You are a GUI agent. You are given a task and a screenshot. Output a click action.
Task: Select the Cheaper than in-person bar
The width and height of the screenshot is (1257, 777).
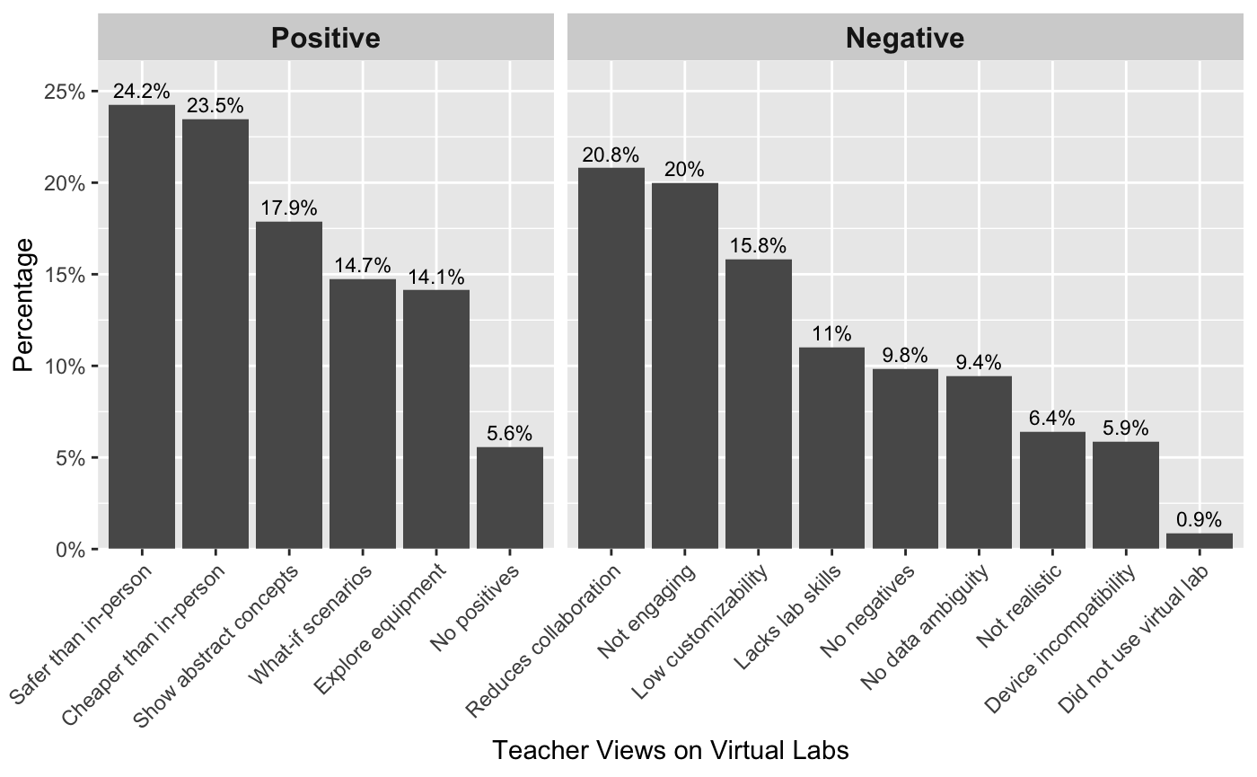click(215, 333)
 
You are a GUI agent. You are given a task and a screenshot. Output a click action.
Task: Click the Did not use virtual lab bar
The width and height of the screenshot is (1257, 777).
click(1200, 541)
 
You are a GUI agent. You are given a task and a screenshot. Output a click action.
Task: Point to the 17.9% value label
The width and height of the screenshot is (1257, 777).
click(289, 208)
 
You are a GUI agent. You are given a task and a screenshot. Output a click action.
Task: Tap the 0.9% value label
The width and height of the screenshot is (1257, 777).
click(1200, 520)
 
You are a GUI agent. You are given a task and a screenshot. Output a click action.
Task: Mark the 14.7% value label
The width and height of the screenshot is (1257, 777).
click(363, 266)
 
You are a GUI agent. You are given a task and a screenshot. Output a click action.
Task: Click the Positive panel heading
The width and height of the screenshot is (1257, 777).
click(325, 38)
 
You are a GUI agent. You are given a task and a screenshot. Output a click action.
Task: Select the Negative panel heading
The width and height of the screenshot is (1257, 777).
click(905, 38)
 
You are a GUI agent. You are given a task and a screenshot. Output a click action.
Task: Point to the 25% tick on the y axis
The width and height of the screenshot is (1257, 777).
click(66, 92)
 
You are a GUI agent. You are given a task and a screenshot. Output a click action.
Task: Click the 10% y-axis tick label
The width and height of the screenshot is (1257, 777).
click(66, 366)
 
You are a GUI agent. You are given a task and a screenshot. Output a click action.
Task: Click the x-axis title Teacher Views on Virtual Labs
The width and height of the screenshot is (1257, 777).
click(671, 750)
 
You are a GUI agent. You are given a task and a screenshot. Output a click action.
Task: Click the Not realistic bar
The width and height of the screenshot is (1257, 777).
click(1052, 490)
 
